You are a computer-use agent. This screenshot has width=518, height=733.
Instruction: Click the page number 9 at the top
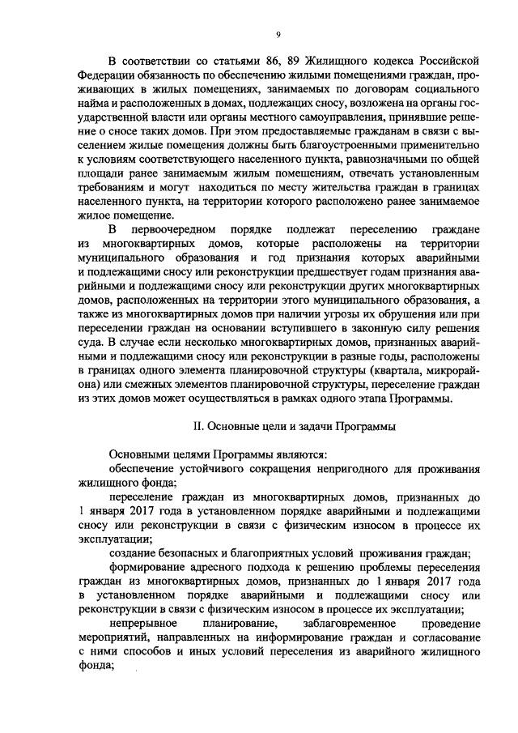(277, 34)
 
